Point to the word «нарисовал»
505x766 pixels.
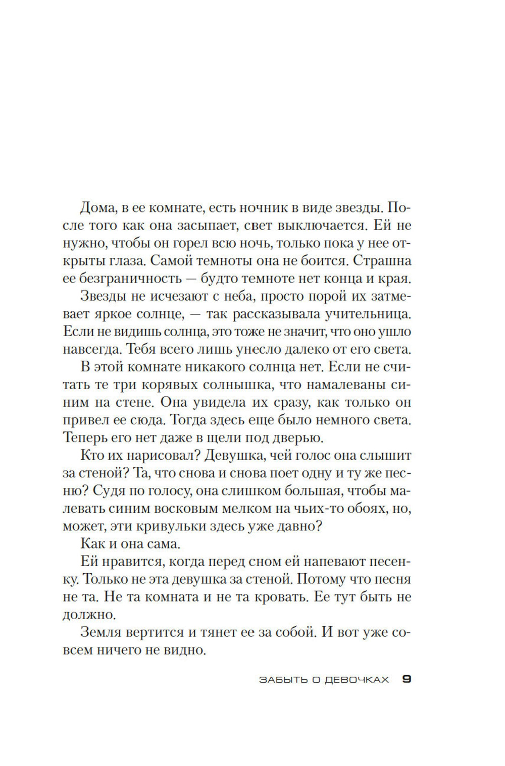click(147, 455)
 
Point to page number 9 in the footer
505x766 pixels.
click(407, 679)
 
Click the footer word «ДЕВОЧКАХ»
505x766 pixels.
click(357, 680)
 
